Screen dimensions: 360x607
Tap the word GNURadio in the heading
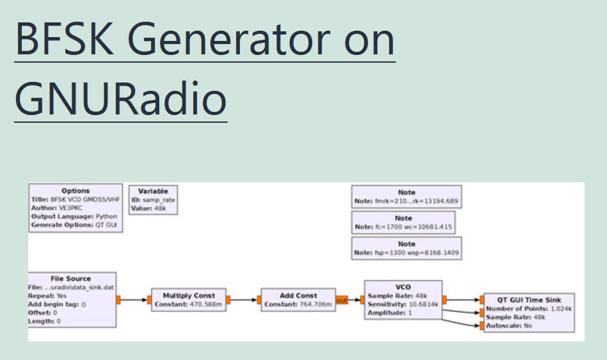click(x=121, y=100)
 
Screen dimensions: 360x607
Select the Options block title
click(x=75, y=191)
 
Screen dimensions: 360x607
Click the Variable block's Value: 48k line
click(x=149, y=208)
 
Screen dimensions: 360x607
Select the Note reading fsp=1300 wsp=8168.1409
click(x=406, y=253)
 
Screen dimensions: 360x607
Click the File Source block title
click(x=70, y=279)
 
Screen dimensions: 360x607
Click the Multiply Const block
click(x=189, y=300)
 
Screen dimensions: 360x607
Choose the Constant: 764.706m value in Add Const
click(x=299, y=304)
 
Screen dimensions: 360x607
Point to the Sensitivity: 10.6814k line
click(x=402, y=304)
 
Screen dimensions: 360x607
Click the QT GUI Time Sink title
click(x=529, y=300)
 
